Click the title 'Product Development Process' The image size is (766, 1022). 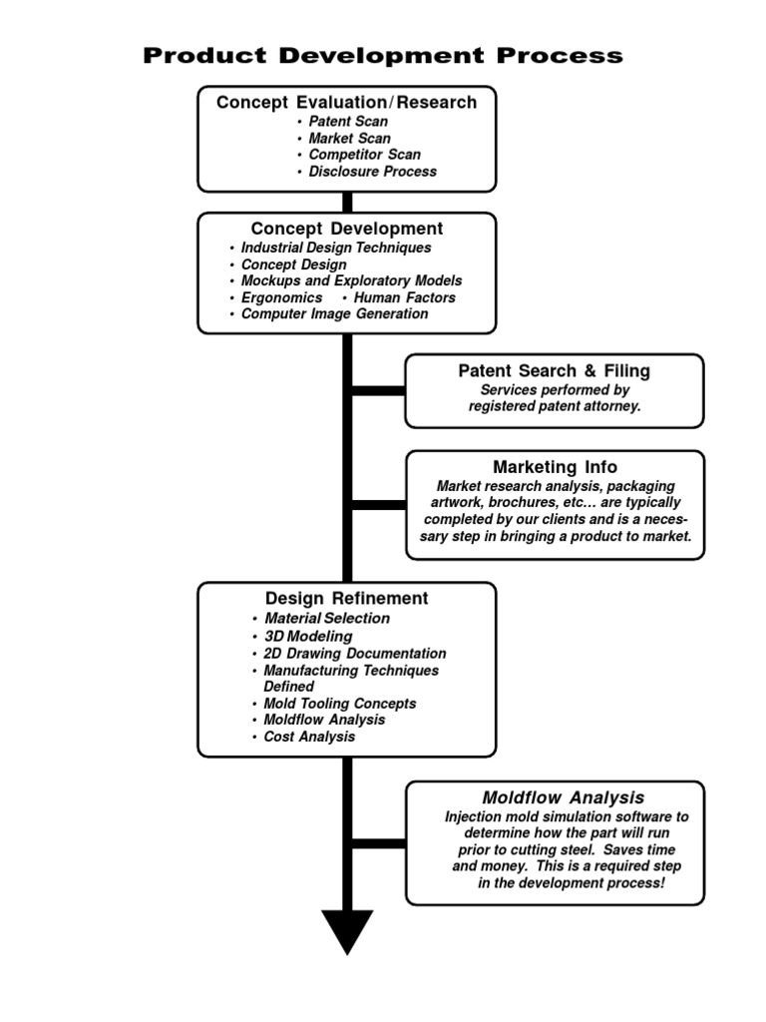click(383, 56)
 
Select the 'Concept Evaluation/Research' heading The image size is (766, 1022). click(346, 103)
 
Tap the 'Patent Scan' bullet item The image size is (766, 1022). click(348, 121)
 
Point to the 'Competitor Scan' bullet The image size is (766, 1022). click(365, 155)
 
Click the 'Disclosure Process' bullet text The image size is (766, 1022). click(373, 172)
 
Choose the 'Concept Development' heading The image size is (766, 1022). click(346, 229)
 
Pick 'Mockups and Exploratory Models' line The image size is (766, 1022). click(352, 280)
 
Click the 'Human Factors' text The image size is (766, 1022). click(405, 297)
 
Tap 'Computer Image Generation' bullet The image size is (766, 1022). click(335, 314)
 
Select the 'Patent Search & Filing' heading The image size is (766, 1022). click(555, 371)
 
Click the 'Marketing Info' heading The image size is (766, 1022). click(555, 467)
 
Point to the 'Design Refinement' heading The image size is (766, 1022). click(346, 599)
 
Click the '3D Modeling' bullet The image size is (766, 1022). click(308, 636)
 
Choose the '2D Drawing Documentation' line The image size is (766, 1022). click(355, 653)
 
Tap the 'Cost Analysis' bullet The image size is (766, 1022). click(309, 737)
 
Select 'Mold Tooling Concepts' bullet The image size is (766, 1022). click(340, 704)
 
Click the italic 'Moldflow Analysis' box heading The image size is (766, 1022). click(564, 797)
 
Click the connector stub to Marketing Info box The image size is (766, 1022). click(379, 505)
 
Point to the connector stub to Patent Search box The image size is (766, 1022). click(378, 391)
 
